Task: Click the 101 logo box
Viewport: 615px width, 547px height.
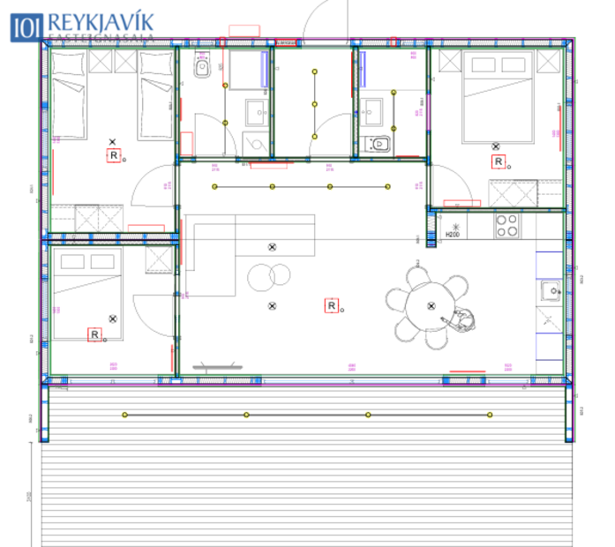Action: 25,26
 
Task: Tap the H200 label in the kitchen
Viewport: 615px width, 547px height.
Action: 453,233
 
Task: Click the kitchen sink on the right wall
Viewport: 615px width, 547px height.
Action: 551,288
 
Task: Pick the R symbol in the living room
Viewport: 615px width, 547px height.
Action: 332,306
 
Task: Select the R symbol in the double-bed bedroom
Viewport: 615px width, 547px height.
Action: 498,161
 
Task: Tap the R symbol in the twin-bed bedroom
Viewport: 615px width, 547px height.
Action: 113,155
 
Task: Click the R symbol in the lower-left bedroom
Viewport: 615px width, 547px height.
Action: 94,334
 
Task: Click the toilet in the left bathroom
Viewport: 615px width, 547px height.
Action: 202,66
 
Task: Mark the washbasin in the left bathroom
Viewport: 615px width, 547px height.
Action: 257,109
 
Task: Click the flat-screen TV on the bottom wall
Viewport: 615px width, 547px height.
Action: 214,364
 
